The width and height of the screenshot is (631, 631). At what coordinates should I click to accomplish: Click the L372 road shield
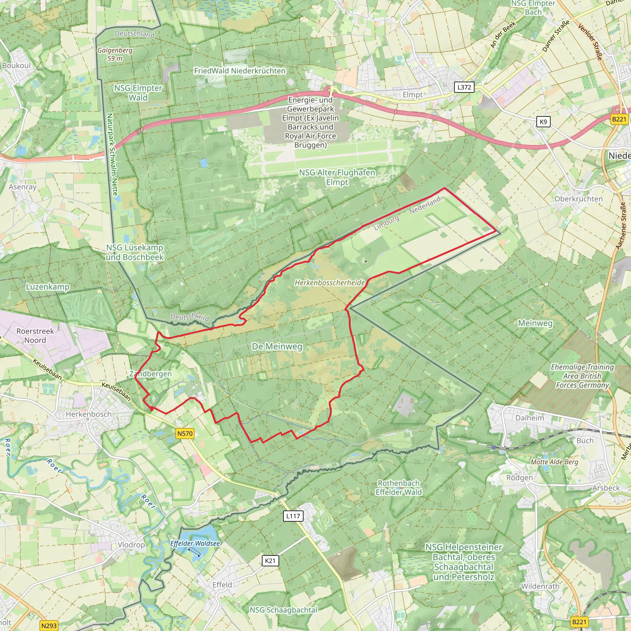464,87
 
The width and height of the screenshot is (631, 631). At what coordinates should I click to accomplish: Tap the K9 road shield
543,122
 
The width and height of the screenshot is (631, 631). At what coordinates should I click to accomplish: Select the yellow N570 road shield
185,434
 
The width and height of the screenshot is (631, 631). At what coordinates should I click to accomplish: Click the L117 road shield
293,516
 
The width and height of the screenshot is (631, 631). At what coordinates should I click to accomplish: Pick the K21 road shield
270,561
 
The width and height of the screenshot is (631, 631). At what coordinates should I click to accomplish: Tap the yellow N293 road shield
49,626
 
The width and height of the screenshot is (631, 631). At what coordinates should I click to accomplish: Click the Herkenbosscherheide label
330,283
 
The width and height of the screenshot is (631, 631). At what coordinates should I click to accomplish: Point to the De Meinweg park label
277,347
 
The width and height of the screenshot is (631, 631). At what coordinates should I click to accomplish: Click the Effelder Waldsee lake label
195,543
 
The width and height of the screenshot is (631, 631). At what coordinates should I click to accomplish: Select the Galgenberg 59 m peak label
115,54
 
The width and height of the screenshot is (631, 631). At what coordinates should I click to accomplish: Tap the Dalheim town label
529,418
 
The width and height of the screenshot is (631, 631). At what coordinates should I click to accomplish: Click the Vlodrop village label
131,545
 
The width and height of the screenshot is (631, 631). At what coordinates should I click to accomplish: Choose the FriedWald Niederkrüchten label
240,71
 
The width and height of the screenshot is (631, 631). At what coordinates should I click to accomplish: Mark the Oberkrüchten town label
578,199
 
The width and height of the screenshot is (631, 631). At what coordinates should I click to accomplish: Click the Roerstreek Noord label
35,336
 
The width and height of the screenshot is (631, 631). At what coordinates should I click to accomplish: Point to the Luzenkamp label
48,287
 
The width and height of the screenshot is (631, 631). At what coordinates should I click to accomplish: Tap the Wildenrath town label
540,586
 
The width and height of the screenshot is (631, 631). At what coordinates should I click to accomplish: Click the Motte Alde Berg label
554,462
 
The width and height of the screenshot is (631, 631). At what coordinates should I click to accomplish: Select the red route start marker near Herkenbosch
152,408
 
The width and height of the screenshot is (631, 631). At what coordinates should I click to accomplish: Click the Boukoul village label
16,65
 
